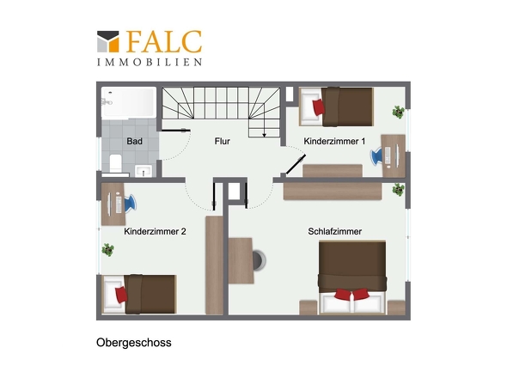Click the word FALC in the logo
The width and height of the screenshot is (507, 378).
163,41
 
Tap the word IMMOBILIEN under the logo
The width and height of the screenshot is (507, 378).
150,62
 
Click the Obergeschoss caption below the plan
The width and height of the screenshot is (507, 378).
133,342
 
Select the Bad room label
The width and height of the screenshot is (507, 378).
134,141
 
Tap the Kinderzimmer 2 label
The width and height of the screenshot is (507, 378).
155,231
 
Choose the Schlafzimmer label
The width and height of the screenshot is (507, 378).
334,231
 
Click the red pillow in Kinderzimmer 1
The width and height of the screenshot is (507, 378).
319,107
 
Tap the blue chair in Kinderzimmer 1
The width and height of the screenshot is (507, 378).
376,155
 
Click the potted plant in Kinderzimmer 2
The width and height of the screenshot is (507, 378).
108,249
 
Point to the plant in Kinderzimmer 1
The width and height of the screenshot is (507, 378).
398,111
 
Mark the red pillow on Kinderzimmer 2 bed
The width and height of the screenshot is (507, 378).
121,295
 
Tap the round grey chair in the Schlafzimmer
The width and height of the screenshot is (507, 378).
260,258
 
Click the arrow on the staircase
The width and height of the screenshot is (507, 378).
266,132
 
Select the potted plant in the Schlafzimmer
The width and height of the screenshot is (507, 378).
398,189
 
